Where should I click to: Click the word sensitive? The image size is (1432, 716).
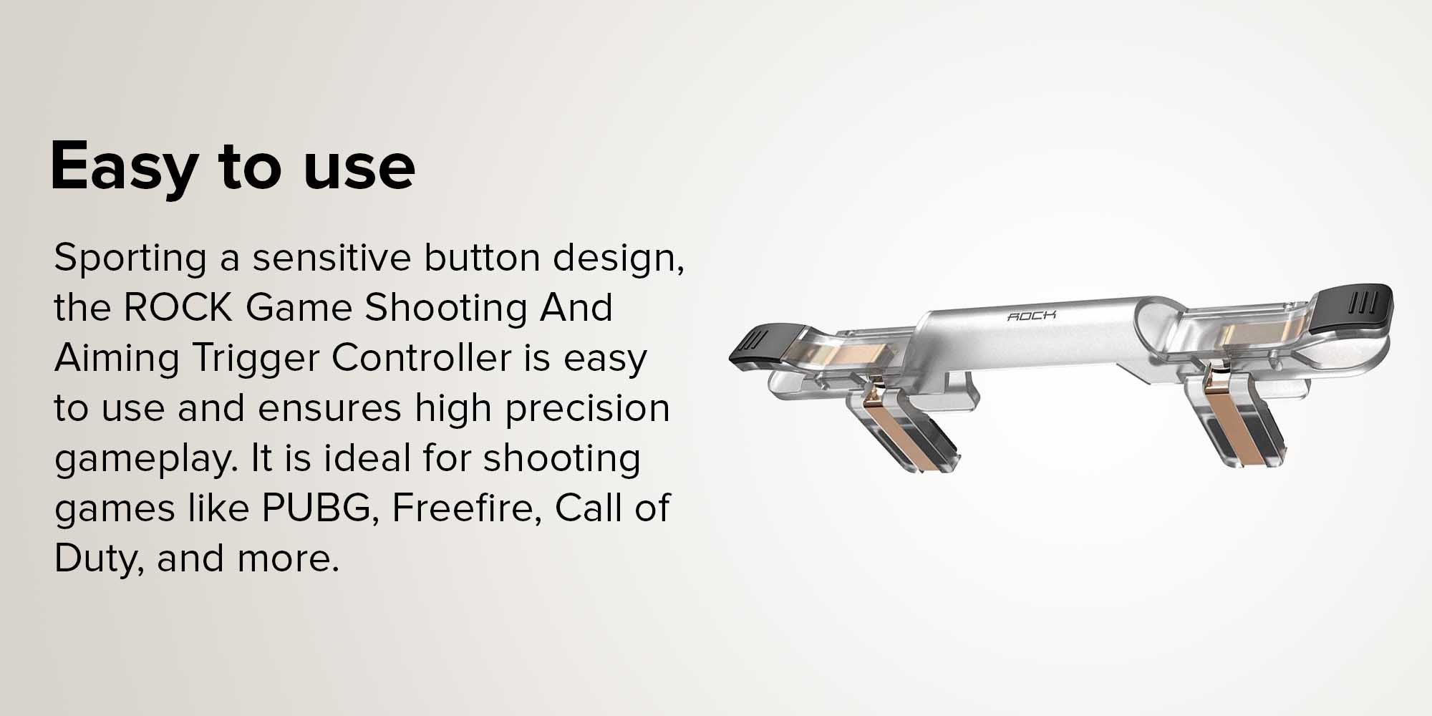[x=332, y=258]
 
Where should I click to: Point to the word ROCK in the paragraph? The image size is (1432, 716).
[x=179, y=308]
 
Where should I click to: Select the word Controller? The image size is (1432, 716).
[x=421, y=358]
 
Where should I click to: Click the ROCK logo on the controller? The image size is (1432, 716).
[x=1032, y=316]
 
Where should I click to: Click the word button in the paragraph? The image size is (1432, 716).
[x=481, y=258]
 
